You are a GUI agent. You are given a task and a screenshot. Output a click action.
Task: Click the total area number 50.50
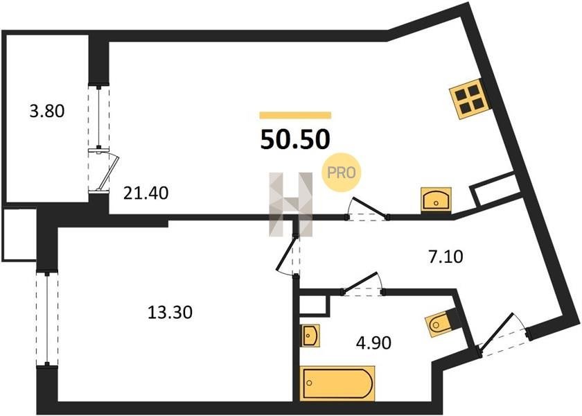(295, 139)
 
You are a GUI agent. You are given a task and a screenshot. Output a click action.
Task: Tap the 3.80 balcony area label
(47, 111)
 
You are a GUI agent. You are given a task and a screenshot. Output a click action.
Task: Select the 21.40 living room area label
(146, 193)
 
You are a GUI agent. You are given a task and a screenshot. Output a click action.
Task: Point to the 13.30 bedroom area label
(170, 313)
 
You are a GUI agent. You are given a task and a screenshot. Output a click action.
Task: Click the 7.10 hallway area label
(446, 257)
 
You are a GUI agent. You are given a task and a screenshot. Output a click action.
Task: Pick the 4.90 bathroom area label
(373, 343)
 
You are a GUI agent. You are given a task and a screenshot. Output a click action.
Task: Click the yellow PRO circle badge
(342, 173)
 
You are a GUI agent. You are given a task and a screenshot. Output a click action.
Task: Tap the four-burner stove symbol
(470, 100)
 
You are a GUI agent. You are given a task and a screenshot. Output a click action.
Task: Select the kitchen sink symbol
(436, 200)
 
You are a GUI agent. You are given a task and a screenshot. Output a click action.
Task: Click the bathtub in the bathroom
(337, 383)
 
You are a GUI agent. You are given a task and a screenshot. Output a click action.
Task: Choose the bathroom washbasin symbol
(310, 336)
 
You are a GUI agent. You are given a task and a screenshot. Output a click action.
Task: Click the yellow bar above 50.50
(295, 115)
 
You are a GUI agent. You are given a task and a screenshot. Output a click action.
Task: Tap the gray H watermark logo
(291, 205)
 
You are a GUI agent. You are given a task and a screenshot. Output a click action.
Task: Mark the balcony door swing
(107, 171)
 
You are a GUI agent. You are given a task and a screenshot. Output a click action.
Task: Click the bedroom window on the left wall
(47, 319)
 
